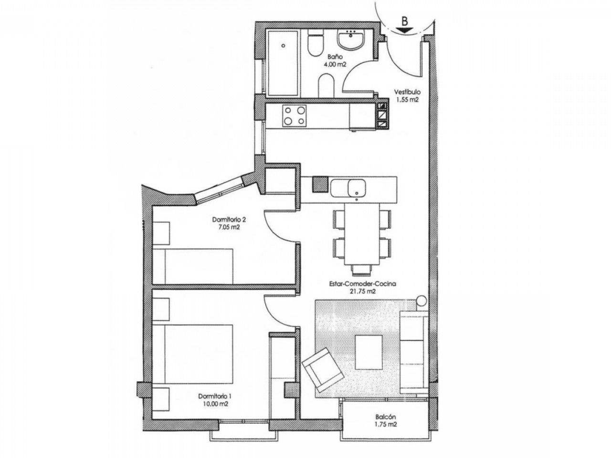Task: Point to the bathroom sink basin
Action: coord(350,41)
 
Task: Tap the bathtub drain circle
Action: coord(283,45)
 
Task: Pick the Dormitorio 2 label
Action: coord(229,219)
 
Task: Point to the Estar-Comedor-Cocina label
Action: coord(362,284)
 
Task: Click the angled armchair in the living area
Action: coord(323,370)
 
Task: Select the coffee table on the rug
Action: coord(369,352)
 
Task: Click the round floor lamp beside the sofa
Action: coord(421,301)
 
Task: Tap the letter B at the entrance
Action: coord(405,21)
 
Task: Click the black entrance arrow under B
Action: coord(405,31)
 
